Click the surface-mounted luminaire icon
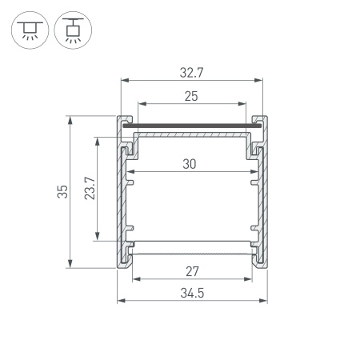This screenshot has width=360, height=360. tap(30, 29)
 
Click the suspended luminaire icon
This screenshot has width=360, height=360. tap(72, 29)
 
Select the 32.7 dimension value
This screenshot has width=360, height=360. tap(191, 71)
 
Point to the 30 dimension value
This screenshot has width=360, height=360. tap(190, 164)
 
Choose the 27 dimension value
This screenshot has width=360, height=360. tap(191, 270)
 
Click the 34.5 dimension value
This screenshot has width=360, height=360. tap(191, 293)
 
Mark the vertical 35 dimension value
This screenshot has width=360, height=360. tap(62, 192)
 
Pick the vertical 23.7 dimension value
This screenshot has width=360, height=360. tap(90, 188)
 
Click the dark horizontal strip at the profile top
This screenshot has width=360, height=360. tap(191, 125)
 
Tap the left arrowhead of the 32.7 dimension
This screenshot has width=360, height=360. tap(123, 80)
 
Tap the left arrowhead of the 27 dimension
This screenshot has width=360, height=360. tap(135, 279)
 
